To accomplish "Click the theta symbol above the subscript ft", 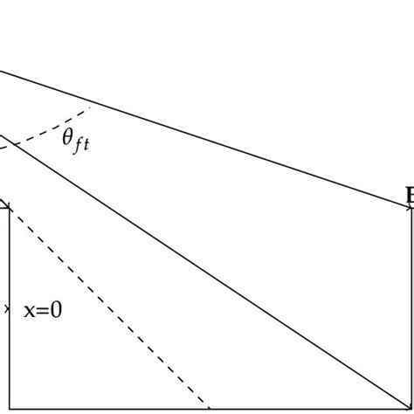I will (x=67, y=138).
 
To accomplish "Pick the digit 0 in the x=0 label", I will (x=55, y=309).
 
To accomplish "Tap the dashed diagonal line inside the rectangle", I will (x=105, y=307).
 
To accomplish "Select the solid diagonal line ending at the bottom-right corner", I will (x=218, y=279).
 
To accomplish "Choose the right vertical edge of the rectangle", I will (x=410, y=306).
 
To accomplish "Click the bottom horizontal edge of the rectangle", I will (x=210, y=407).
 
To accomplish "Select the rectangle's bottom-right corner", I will (x=410, y=407).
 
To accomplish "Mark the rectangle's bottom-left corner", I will (x=9, y=407).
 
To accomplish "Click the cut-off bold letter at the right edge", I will (x=410, y=194).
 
